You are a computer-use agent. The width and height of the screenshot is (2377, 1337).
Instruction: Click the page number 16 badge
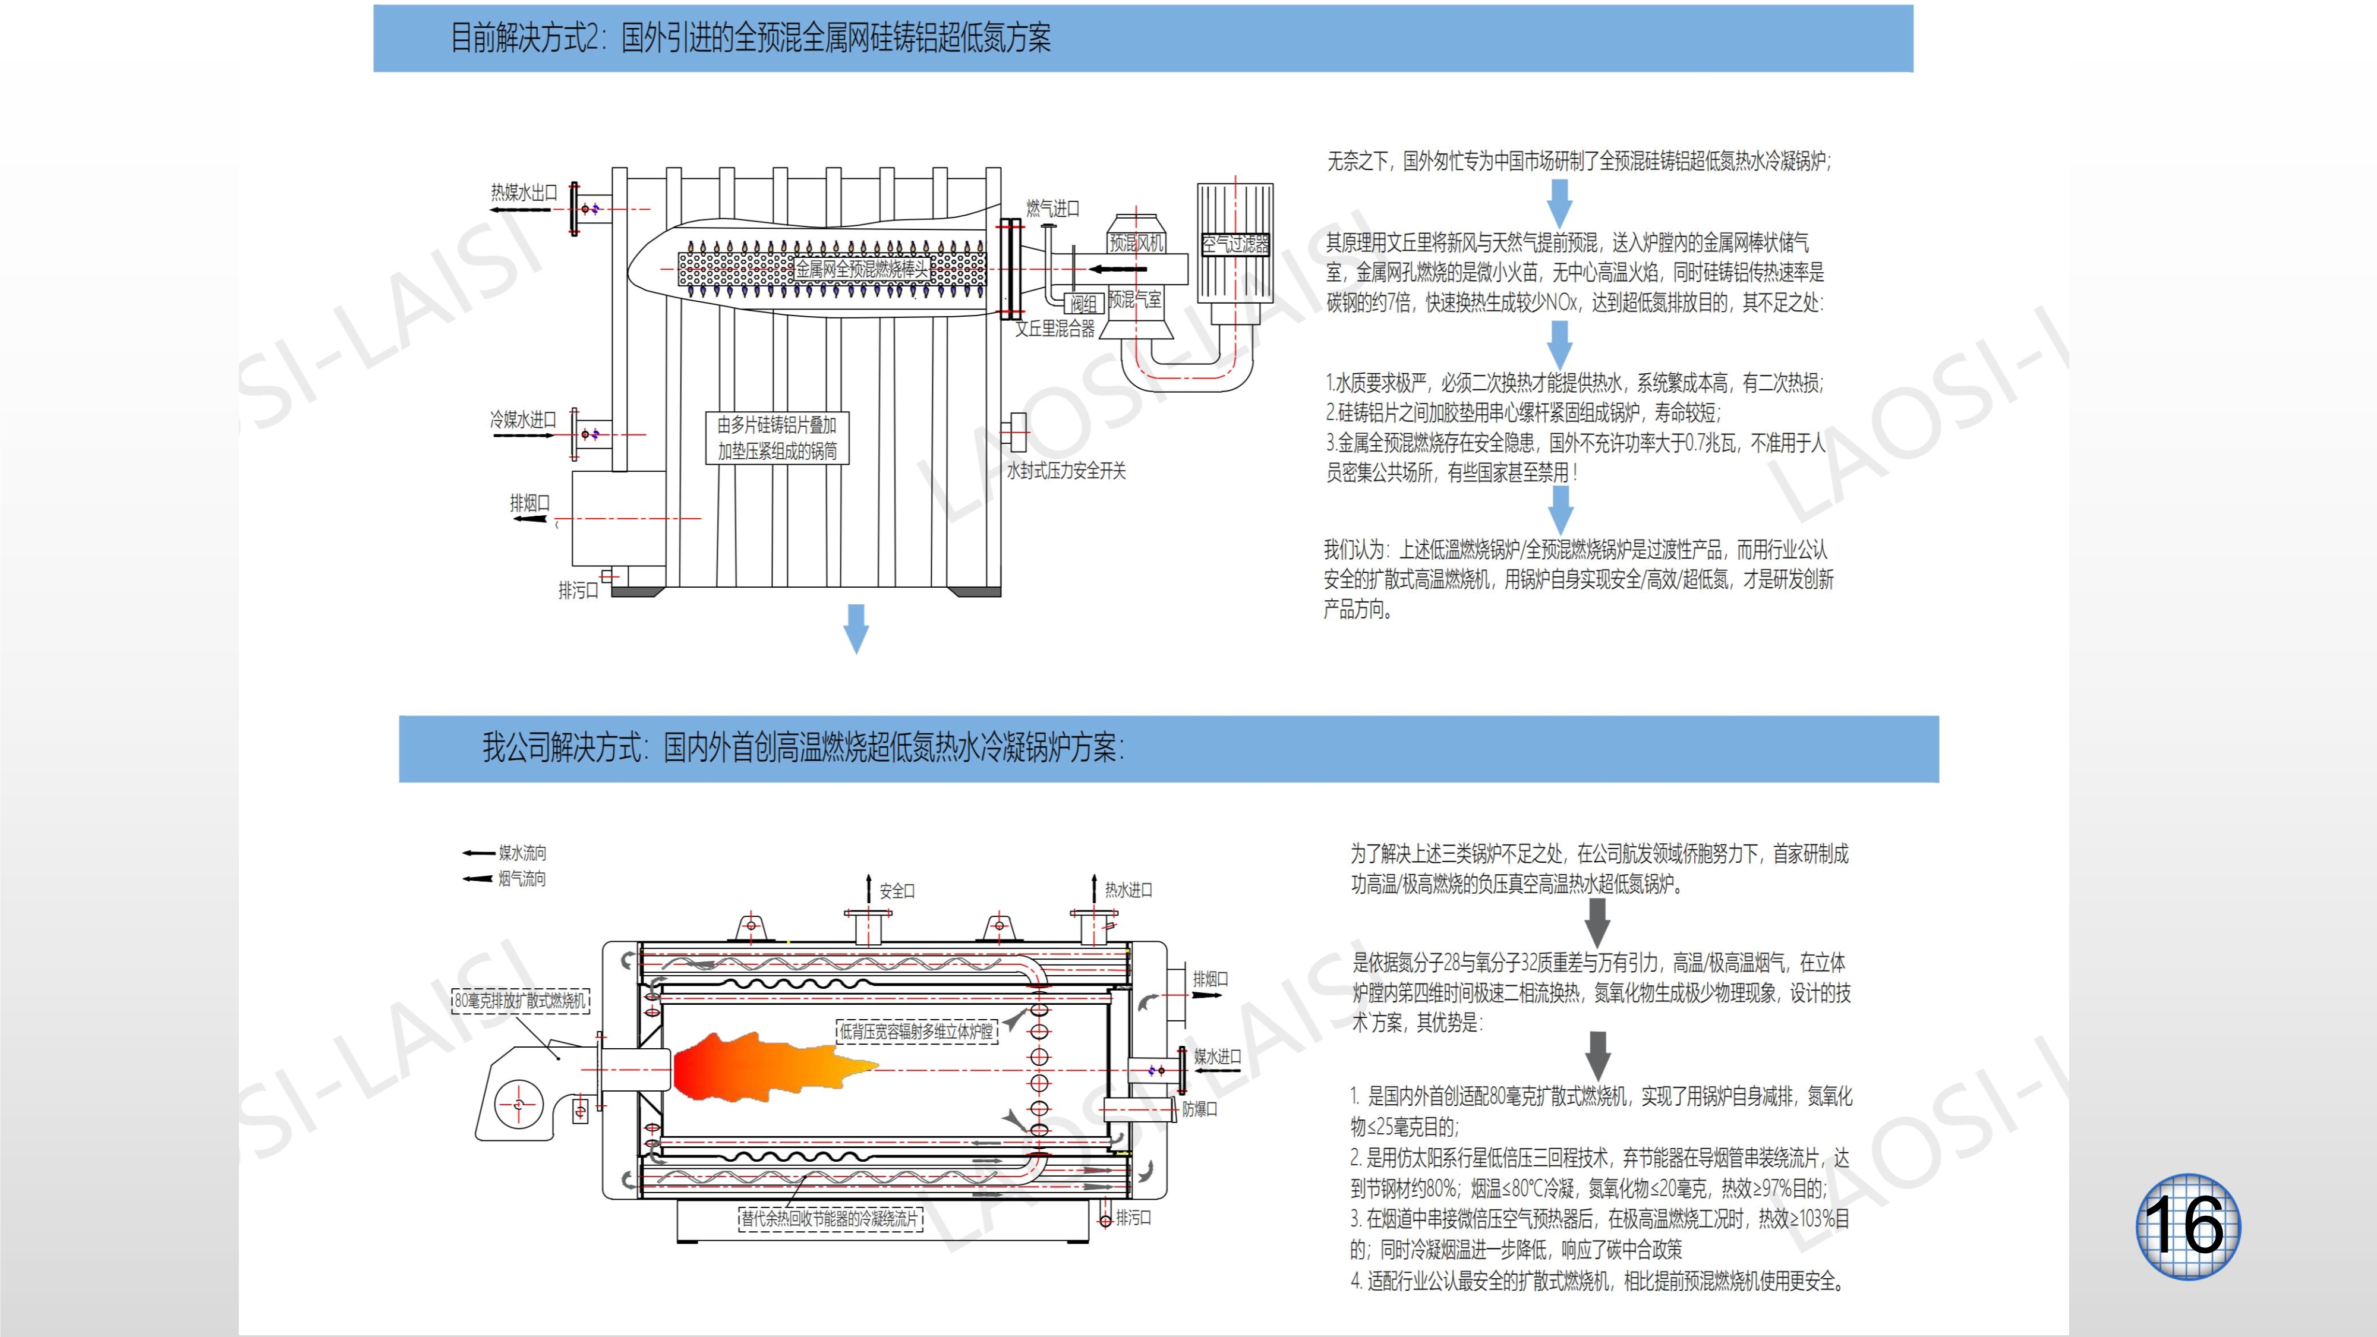2187,1225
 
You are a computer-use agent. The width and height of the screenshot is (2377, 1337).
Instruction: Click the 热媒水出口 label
524,192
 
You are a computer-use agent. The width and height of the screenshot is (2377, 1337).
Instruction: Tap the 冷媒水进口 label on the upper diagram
523,420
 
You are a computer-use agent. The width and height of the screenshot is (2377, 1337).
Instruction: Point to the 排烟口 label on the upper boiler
529,503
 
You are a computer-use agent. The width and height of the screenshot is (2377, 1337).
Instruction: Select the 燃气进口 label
1053,209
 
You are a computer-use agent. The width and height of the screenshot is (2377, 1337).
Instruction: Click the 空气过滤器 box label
1235,244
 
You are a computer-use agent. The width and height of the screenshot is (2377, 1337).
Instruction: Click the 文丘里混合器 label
1055,329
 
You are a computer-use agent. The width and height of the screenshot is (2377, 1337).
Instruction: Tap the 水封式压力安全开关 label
1065,471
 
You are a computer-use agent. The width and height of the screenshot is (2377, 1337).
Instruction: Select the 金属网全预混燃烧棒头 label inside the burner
862,269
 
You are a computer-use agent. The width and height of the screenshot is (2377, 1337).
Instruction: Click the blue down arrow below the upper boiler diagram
856,627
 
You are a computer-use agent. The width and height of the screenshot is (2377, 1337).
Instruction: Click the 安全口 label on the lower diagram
897,890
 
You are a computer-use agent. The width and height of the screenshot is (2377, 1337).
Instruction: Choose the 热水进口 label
1128,890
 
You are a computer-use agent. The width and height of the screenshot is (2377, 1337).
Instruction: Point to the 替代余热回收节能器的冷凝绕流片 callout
831,1219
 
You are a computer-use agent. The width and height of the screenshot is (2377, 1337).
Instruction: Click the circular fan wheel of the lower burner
518,1105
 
